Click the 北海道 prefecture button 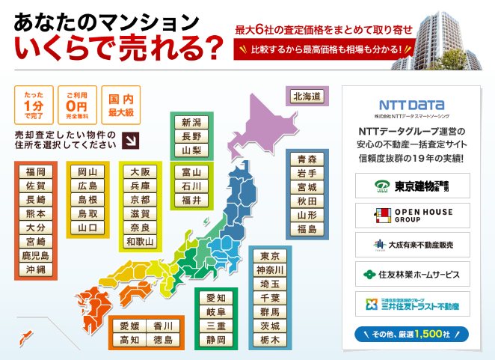(307, 97)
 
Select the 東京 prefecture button (270, 255)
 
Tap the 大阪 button (140, 171)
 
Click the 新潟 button (191, 123)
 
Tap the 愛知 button (216, 298)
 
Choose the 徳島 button (163, 341)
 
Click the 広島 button (87, 186)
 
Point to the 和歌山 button (140, 241)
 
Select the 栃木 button (270, 340)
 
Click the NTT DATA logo (412, 106)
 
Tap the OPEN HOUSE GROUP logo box (412, 216)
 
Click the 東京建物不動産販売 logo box (412, 186)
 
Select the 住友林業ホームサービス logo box (412, 274)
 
